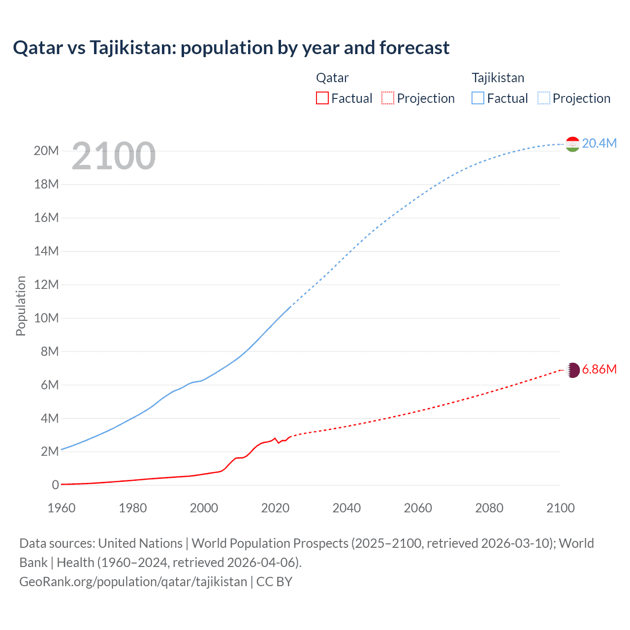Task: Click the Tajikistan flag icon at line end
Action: (572, 144)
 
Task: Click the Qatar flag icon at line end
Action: (572, 370)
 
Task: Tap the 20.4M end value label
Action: (599, 143)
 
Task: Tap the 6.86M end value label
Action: (599, 370)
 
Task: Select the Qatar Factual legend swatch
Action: (322, 98)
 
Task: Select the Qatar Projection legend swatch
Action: (388, 98)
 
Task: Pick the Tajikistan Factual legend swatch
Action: (478, 98)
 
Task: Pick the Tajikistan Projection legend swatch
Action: (544, 98)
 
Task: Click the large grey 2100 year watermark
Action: (114, 156)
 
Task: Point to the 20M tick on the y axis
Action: (46, 151)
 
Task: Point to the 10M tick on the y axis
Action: (46, 318)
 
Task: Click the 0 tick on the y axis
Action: (55, 485)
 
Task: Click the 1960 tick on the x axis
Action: (62, 508)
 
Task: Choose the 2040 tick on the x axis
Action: (346, 508)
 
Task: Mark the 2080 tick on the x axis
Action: (489, 508)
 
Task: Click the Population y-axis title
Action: (21, 306)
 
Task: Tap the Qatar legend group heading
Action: (332, 78)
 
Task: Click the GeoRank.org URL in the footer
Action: (133, 582)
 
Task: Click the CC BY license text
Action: (274, 582)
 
